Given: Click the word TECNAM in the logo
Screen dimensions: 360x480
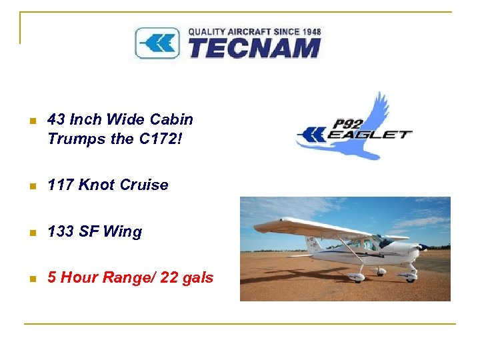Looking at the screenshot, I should [x=254, y=48].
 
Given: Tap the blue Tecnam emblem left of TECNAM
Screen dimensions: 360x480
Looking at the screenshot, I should [x=157, y=43].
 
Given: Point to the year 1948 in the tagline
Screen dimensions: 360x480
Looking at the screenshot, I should [x=311, y=31].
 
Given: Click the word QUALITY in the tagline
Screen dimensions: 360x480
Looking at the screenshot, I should [x=205, y=31].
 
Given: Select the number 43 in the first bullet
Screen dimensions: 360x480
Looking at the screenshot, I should [x=56, y=120].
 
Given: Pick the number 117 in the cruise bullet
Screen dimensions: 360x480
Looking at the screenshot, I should [x=61, y=185].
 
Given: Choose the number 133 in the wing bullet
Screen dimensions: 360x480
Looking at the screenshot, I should [x=61, y=232].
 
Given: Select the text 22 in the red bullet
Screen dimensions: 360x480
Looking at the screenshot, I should [x=169, y=277].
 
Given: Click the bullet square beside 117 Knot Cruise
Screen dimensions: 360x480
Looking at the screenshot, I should [x=27, y=186].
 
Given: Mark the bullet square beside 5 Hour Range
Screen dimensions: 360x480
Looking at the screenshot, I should [x=27, y=278].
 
